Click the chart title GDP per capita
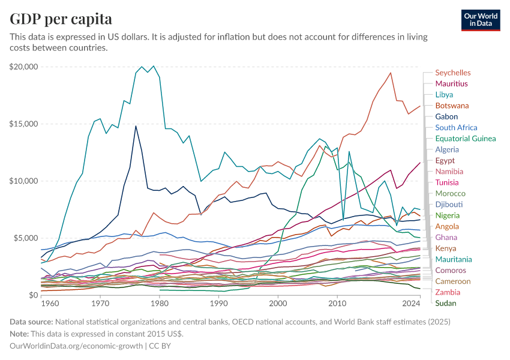61,19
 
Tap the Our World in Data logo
481,20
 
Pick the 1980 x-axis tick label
160,305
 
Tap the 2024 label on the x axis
412,305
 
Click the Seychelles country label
452,73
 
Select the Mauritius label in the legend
451,84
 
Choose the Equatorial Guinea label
465,139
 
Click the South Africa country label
456,128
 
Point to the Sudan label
446,303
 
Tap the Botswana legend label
452,106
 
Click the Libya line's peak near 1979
154,66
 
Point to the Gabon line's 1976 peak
136,126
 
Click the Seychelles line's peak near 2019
391,73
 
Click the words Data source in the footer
31,322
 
